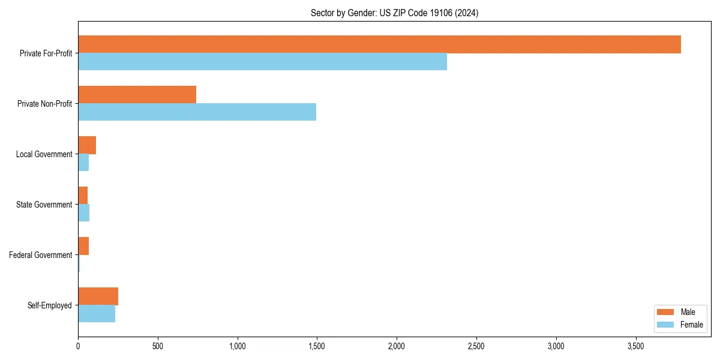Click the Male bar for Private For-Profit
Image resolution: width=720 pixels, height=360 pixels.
tap(379, 44)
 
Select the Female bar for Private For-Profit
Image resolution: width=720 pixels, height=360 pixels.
tap(262, 62)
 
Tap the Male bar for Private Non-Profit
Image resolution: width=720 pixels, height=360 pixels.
tap(137, 95)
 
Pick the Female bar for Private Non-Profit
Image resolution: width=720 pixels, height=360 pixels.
tap(197, 112)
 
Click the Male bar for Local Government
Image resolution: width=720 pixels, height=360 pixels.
tap(87, 145)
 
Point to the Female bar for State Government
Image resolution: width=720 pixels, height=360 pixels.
tap(84, 213)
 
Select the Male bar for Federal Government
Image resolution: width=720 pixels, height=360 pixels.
tap(83, 246)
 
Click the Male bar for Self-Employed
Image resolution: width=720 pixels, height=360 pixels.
tap(98, 296)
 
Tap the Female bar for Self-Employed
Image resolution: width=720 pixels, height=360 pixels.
tap(97, 314)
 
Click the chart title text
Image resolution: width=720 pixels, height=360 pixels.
tap(394, 13)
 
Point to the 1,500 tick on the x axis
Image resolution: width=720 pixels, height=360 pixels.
tap(317, 346)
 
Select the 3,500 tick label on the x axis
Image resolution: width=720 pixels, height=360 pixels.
tap(635, 346)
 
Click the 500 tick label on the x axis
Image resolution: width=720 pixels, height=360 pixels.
tap(158, 346)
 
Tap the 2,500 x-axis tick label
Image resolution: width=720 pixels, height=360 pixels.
tap(476, 346)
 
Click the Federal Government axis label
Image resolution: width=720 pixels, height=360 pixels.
tap(41, 255)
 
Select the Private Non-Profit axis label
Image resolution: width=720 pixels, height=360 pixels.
tap(44, 104)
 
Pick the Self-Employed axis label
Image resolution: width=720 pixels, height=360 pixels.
tap(50, 305)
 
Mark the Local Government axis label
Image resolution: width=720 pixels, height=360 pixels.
tap(44, 154)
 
